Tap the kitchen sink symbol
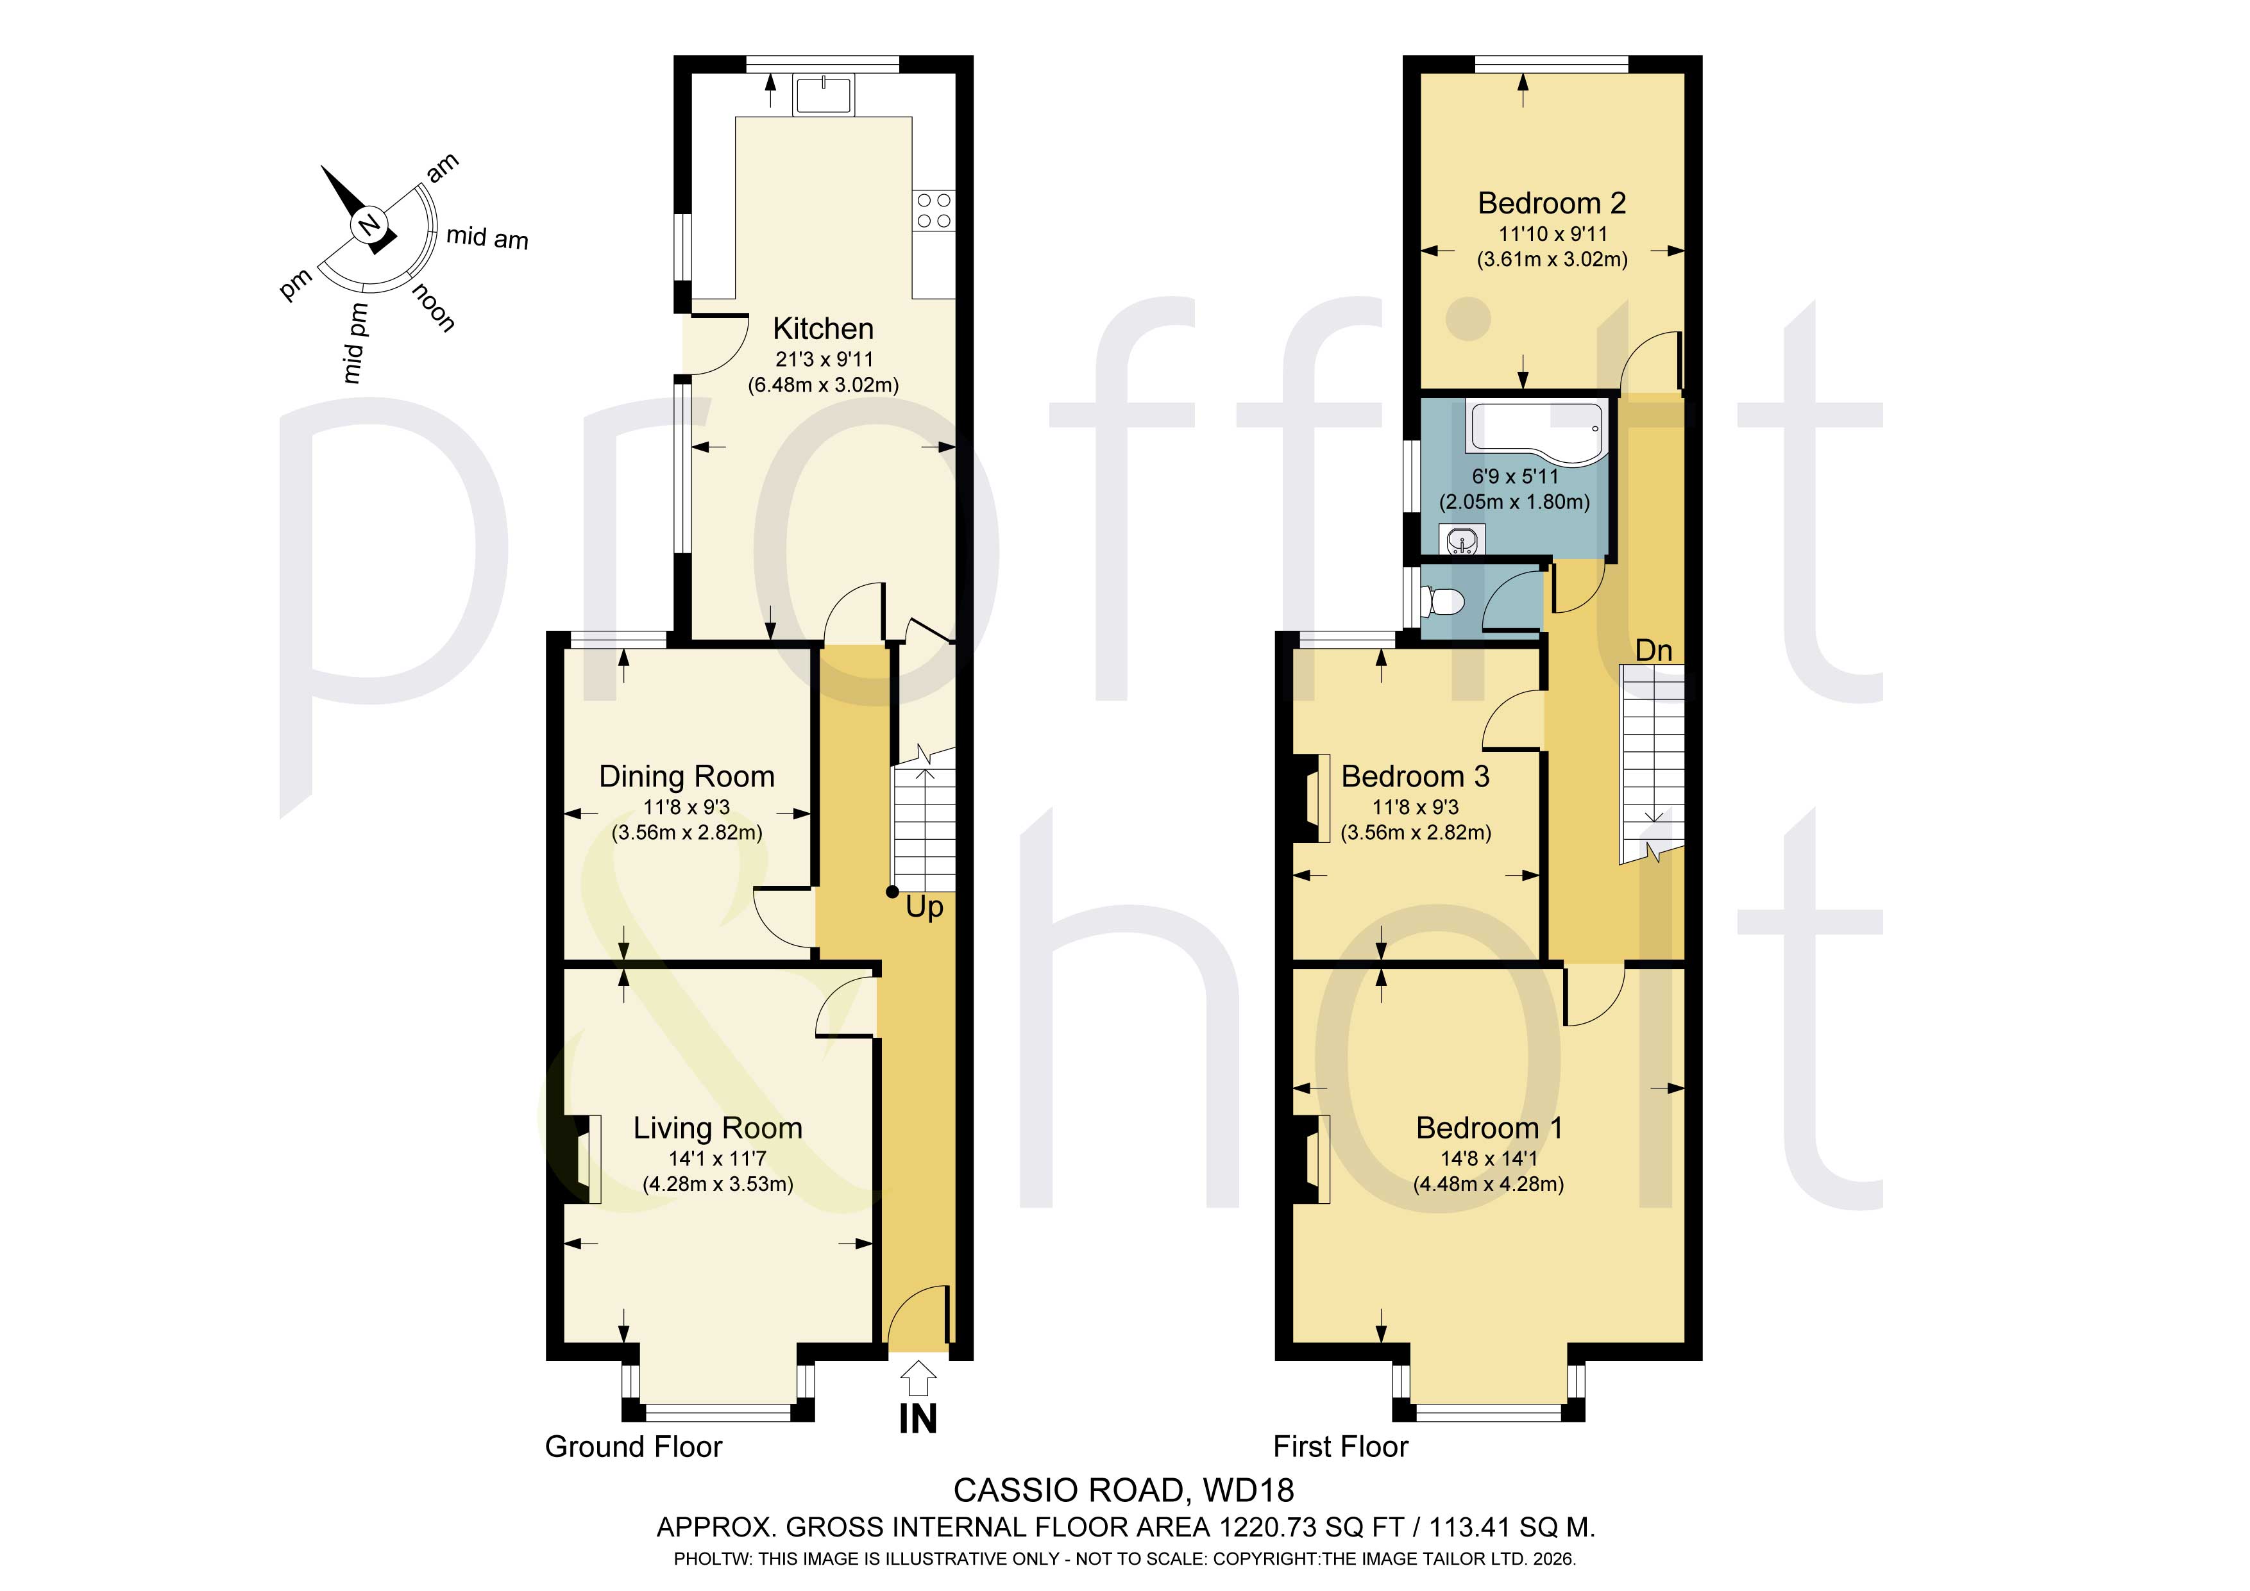pos(824,95)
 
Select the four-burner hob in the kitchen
pos(933,211)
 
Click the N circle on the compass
pos(368,226)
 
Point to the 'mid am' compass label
pos(487,237)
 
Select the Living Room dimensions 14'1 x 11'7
pos(717,1158)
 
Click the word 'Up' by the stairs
pos(924,907)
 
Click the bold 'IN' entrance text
pos(918,1419)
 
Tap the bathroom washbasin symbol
pos(1461,540)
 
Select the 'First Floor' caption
pos(1340,1446)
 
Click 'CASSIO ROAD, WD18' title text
pos(1124,1490)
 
